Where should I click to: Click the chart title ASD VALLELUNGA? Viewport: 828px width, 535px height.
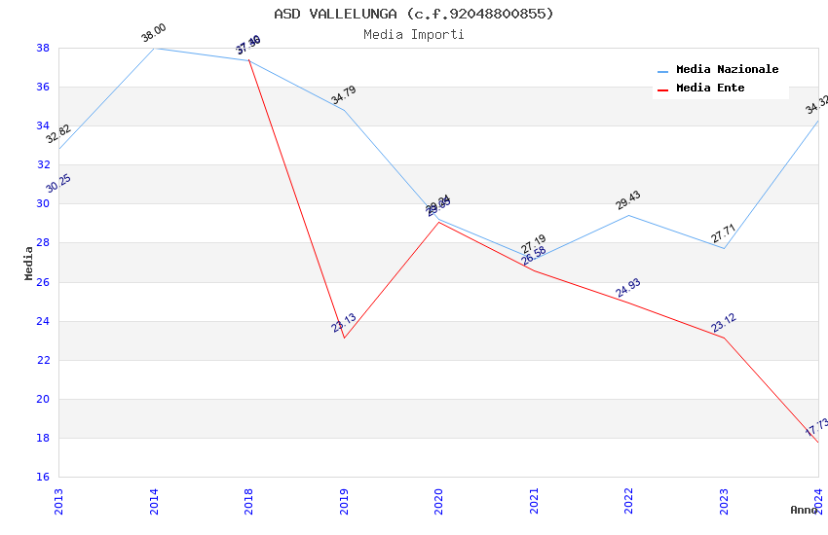[414, 14]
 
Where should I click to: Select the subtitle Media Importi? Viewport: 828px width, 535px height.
[414, 34]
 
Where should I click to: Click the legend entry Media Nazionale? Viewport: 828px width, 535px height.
[727, 70]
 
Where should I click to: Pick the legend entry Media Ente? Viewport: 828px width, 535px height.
[710, 89]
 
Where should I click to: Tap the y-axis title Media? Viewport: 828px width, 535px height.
[29, 263]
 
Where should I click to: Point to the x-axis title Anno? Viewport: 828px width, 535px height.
[804, 510]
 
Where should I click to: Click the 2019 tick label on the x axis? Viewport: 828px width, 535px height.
[344, 501]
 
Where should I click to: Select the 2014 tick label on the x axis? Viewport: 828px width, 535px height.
[154, 501]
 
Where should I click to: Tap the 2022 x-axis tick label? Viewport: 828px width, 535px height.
[628, 501]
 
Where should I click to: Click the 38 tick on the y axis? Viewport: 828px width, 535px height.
[43, 48]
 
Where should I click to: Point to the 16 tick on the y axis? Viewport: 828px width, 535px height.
[43, 477]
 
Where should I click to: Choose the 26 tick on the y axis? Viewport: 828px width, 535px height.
[43, 282]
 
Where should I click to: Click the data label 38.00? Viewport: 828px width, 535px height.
[154, 34]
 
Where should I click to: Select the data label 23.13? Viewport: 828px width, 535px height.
[344, 323]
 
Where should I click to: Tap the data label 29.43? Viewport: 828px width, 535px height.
[628, 200]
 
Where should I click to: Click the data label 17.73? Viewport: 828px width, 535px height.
[816, 426]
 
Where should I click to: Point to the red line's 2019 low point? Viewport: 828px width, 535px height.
[344, 338]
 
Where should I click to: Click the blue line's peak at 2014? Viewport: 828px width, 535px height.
[154, 48]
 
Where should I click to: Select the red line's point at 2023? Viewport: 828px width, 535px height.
[723, 338]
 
